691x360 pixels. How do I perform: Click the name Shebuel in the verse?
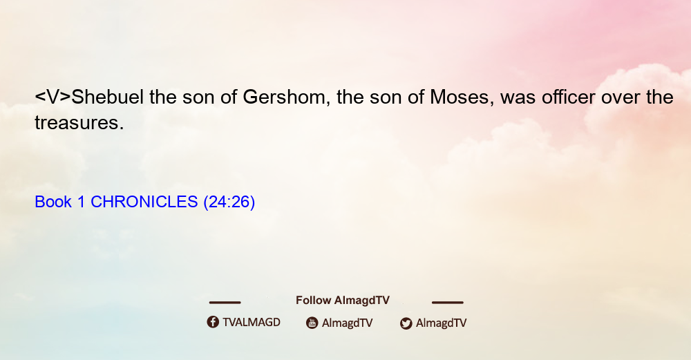click(x=108, y=97)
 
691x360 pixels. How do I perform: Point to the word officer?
click(x=569, y=97)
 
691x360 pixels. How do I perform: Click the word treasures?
click(x=79, y=123)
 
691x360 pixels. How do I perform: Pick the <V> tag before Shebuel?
click(x=53, y=97)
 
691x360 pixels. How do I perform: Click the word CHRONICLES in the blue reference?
click(x=144, y=202)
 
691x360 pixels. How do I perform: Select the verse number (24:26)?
click(x=229, y=202)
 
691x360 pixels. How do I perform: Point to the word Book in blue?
click(x=53, y=202)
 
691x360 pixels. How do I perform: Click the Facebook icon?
click(x=213, y=322)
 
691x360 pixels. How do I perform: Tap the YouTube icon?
click(x=312, y=323)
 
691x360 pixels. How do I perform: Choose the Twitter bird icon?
click(x=406, y=323)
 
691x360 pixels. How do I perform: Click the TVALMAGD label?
click(x=252, y=323)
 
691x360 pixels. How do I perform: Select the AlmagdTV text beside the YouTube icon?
click(x=348, y=323)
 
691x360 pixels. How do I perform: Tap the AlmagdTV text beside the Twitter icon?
click(x=441, y=323)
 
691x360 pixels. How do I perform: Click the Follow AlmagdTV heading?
click(x=343, y=301)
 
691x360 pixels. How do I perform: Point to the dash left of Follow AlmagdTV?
click(x=225, y=303)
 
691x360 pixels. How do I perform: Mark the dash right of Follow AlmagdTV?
click(x=447, y=303)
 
